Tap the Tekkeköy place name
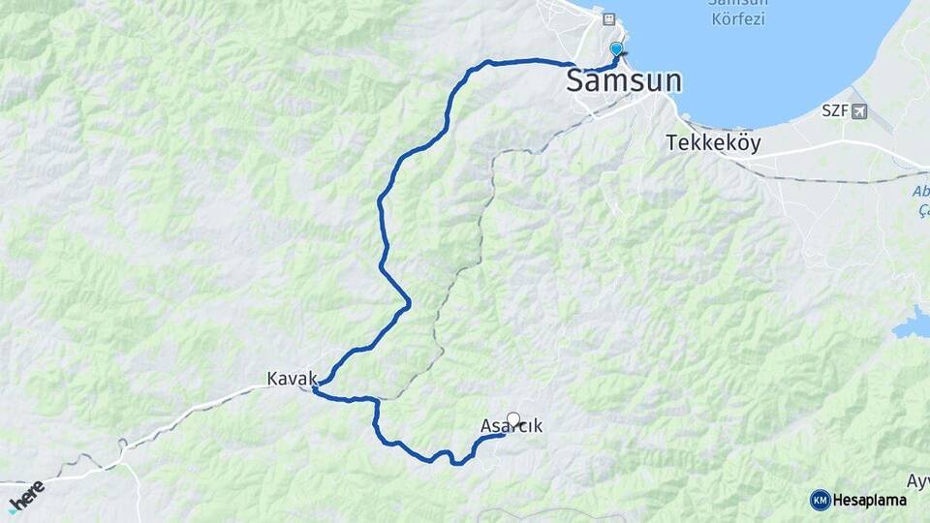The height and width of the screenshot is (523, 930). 713,142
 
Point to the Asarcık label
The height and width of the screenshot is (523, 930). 511,426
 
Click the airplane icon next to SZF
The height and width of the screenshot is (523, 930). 859,110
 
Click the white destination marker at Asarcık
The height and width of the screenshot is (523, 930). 513,419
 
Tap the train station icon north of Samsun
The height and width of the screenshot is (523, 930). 608,18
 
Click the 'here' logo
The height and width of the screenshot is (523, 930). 26,494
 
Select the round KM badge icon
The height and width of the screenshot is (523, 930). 820,500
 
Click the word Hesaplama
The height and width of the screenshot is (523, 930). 869,500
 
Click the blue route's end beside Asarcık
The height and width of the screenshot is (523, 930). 503,435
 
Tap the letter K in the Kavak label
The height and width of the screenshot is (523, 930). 273,378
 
